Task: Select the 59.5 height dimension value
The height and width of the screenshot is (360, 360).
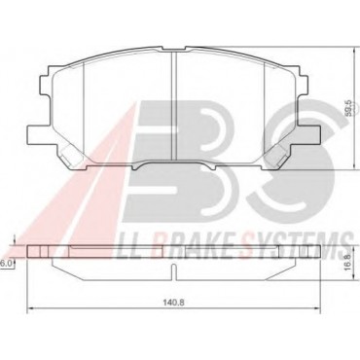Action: (x=347, y=108)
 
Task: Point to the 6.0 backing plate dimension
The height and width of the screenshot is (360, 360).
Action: (x=6, y=264)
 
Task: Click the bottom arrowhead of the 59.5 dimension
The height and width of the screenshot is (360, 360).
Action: (x=353, y=167)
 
